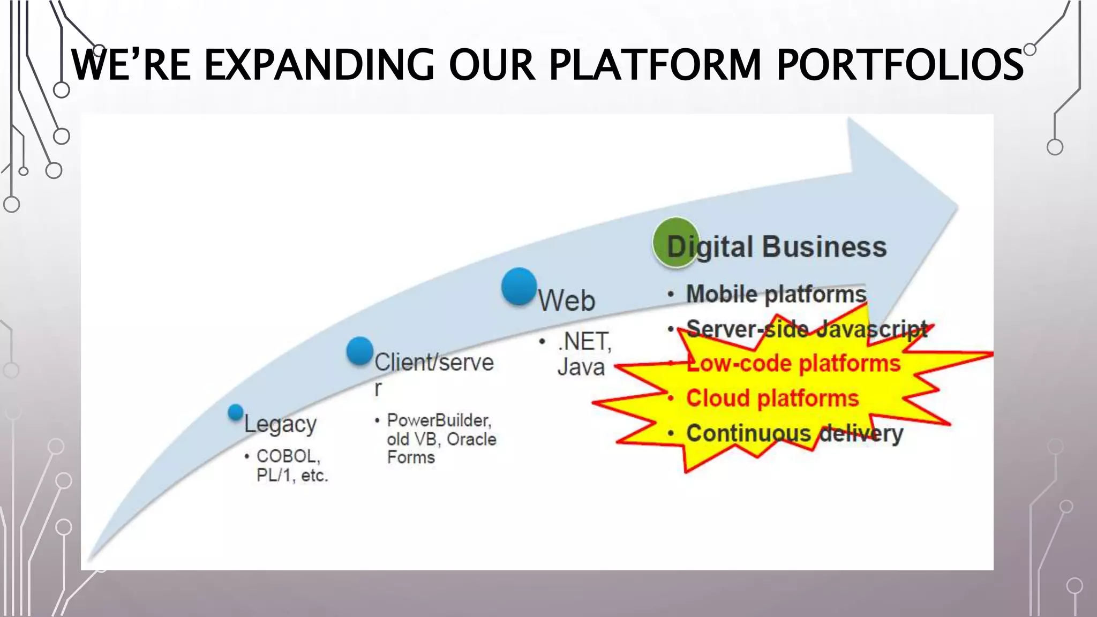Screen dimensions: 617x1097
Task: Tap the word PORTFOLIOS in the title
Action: point(899,65)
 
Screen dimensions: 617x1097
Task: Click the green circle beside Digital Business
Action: point(676,242)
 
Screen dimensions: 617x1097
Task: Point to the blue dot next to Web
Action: point(519,287)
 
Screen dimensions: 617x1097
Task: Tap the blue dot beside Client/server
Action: point(359,351)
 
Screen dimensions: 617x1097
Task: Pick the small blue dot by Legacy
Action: point(235,412)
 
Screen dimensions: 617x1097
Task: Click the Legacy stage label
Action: point(280,424)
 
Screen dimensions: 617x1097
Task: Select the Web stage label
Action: point(566,300)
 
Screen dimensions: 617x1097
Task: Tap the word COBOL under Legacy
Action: point(288,456)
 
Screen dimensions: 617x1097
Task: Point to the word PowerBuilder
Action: point(438,420)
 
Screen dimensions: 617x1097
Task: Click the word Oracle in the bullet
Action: point(471,439)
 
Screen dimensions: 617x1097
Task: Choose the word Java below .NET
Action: point(581,367)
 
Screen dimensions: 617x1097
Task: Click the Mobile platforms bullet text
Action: point(776,294)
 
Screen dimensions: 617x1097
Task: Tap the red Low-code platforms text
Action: point(793,363)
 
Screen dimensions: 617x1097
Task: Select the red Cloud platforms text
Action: point(772,398)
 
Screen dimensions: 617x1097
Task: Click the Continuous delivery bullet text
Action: point(794,433)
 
